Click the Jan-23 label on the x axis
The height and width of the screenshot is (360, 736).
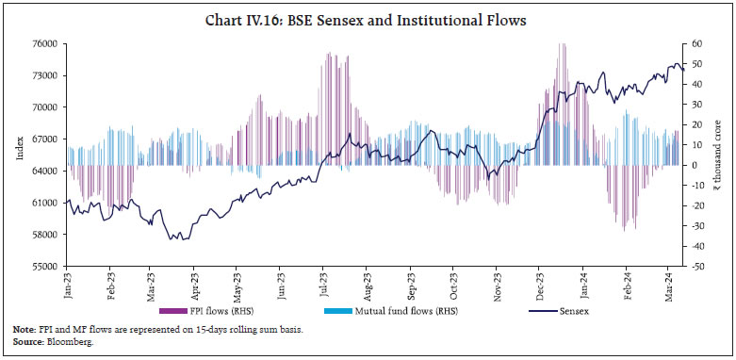tap(69, 286)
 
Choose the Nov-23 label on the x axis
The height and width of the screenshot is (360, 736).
tap(498, 286)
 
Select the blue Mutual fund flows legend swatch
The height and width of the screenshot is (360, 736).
tap(348, 310)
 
